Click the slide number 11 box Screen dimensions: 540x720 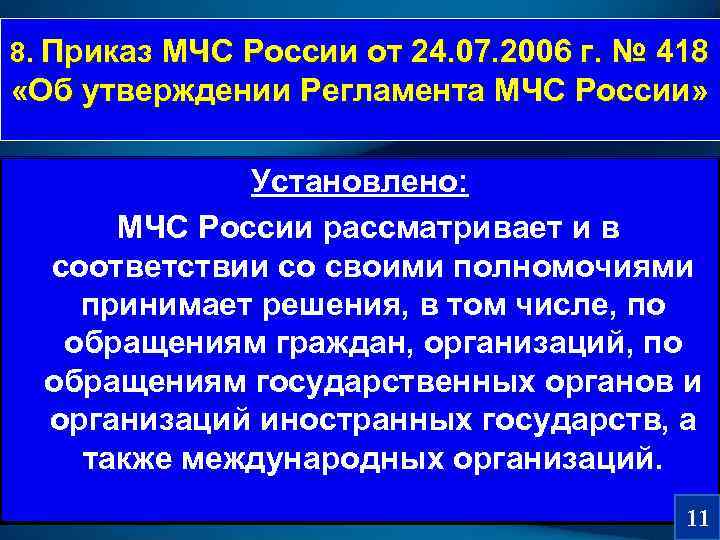click(698, 518)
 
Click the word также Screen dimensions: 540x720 click(112, 461)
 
